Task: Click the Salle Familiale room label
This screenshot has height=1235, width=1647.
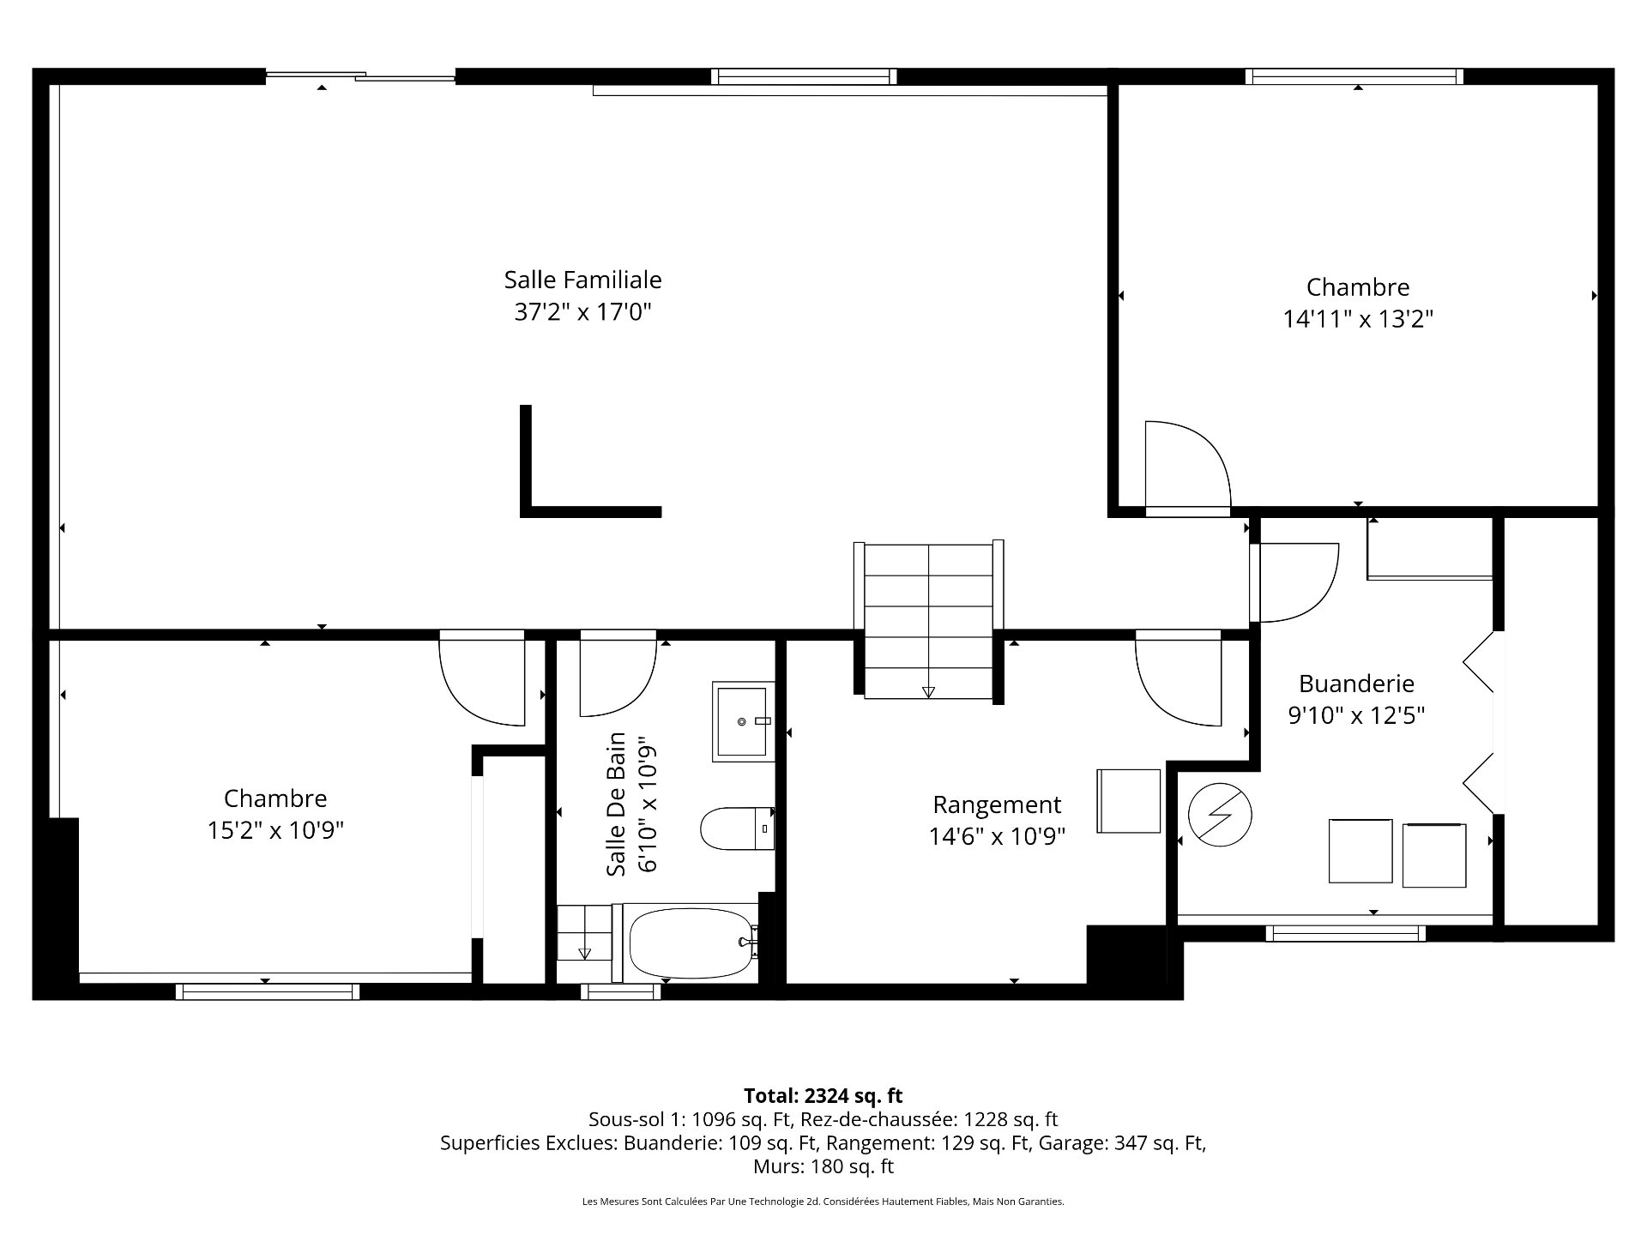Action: point(582,280)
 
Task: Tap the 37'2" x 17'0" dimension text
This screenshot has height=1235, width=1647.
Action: point(582,311)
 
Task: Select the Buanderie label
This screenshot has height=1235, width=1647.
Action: point(1356,684)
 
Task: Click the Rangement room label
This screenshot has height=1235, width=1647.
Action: point(997,805)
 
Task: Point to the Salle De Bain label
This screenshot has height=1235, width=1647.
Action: point(616,804)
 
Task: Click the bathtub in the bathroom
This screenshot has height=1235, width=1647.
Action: point(694,943)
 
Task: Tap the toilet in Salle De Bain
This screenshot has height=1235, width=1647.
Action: point(738,828)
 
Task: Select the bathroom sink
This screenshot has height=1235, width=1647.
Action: point(743,722)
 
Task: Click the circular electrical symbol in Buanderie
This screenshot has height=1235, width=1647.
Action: point(1220,813)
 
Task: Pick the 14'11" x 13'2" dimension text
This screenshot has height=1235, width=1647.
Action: point(1358,319)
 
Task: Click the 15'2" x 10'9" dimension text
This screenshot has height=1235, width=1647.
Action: point(275,830)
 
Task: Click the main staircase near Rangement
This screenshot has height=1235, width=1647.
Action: point(929,619)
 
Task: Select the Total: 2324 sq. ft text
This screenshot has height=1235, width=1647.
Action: point(823,1095)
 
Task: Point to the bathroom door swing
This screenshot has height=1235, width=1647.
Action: point(618,678)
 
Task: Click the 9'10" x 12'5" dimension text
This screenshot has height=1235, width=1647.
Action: point(1356,715)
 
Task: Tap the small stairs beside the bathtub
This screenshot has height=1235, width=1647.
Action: point(585,932)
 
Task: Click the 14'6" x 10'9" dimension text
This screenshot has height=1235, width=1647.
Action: point(997,836)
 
